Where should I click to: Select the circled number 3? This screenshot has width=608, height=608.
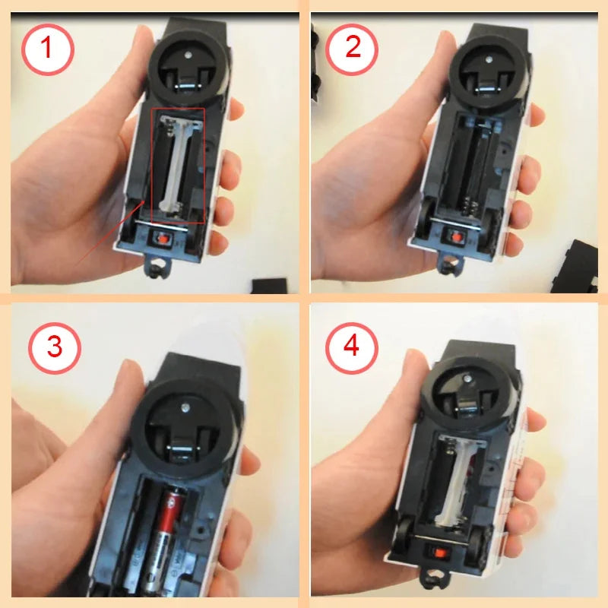[55, 346]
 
